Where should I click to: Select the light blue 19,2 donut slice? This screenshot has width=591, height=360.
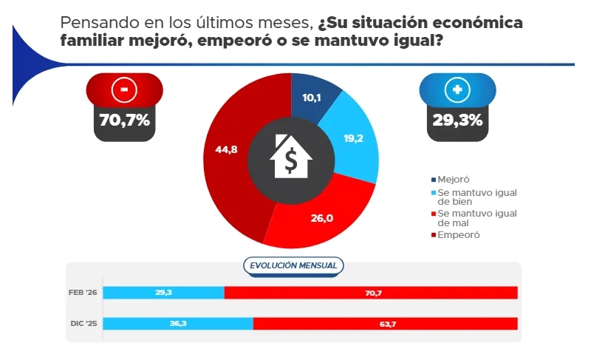coord(353,140)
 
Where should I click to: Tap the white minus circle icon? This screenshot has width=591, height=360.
coord(124,90)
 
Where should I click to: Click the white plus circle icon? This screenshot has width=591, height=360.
coord(456,90)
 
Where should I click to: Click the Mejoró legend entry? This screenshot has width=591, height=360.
coord(452,179)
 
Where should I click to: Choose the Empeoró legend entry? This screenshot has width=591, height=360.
coord(457,235)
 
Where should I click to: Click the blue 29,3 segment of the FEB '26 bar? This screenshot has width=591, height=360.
coord(163,293)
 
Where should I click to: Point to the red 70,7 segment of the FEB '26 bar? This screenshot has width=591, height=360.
coord(371,293)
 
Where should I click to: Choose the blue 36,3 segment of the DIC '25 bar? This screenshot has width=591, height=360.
coord(178,324)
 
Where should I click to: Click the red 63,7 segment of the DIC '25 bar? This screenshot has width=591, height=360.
coord(385,324)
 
